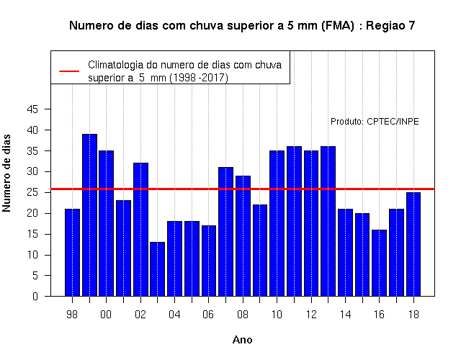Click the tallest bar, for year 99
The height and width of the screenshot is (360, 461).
89,215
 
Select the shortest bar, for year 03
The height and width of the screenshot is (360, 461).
157,269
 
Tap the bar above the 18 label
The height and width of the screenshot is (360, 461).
413,244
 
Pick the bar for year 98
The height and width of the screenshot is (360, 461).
72,253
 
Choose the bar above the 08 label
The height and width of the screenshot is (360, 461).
243,236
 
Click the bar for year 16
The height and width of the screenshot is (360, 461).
380,263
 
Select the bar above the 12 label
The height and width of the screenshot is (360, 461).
311,223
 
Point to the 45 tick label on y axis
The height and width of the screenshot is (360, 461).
32,109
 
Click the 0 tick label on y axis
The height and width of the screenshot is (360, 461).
35,296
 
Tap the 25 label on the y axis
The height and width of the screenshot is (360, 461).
32,192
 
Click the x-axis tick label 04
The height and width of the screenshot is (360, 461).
174,315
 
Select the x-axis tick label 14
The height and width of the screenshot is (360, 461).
345,315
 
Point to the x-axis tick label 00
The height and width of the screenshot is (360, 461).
106,315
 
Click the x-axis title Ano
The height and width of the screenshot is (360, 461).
242,340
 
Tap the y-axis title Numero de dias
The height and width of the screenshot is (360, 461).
6,173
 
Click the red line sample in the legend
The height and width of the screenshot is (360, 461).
69,71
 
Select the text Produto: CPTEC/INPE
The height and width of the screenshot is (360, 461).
375,122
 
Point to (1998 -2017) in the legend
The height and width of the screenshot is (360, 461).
199,78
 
